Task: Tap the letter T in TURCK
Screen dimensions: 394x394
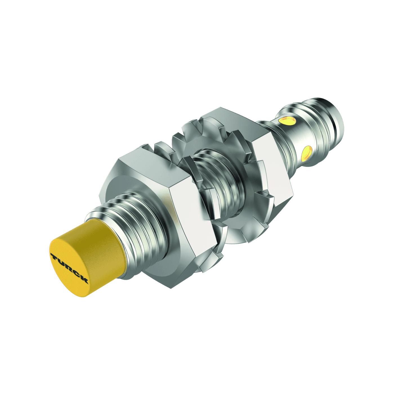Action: point(53,257)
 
